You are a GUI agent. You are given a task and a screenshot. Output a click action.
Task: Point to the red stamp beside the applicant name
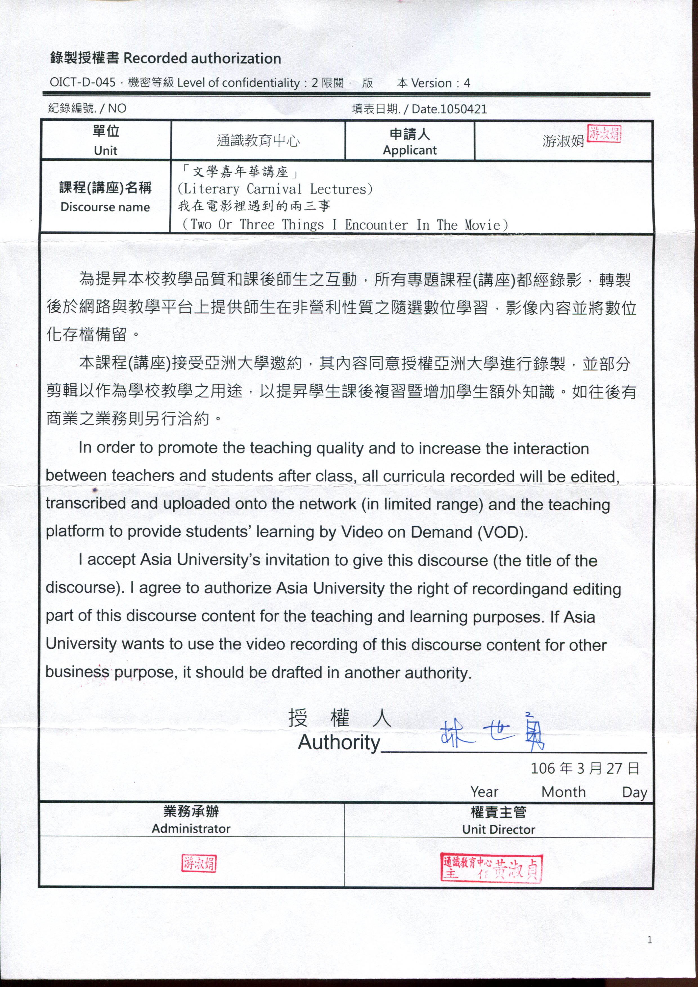(x=604, y=134)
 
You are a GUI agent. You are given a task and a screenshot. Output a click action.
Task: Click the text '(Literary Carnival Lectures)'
(x=275, y=189)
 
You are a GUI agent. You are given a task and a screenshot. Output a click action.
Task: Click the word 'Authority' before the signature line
(x=339, y=742)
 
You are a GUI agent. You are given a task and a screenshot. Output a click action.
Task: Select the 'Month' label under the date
(x=564, y=792)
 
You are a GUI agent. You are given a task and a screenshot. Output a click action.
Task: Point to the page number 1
(x=649, y=940)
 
